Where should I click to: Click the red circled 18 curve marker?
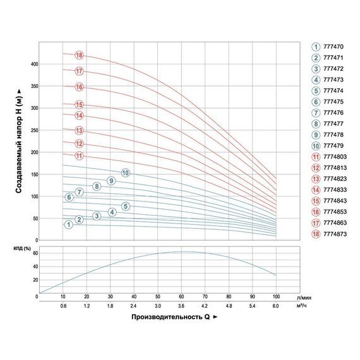click(79, 55)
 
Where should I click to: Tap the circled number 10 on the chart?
click(125, 172)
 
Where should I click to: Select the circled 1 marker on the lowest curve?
click(68, 225)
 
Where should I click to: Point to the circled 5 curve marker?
click(125, 207)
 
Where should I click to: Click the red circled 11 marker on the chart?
click(79, 155)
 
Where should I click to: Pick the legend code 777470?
click(333, 47)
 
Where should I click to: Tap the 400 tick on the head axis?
click(33, 64)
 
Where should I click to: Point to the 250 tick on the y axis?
click(33, 130)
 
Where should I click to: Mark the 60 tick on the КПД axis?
click(35, 253)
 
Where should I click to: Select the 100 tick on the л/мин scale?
click(276, 296)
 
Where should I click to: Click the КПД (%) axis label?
click(23, 249)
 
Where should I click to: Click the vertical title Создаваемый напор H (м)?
click(20, 145)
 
